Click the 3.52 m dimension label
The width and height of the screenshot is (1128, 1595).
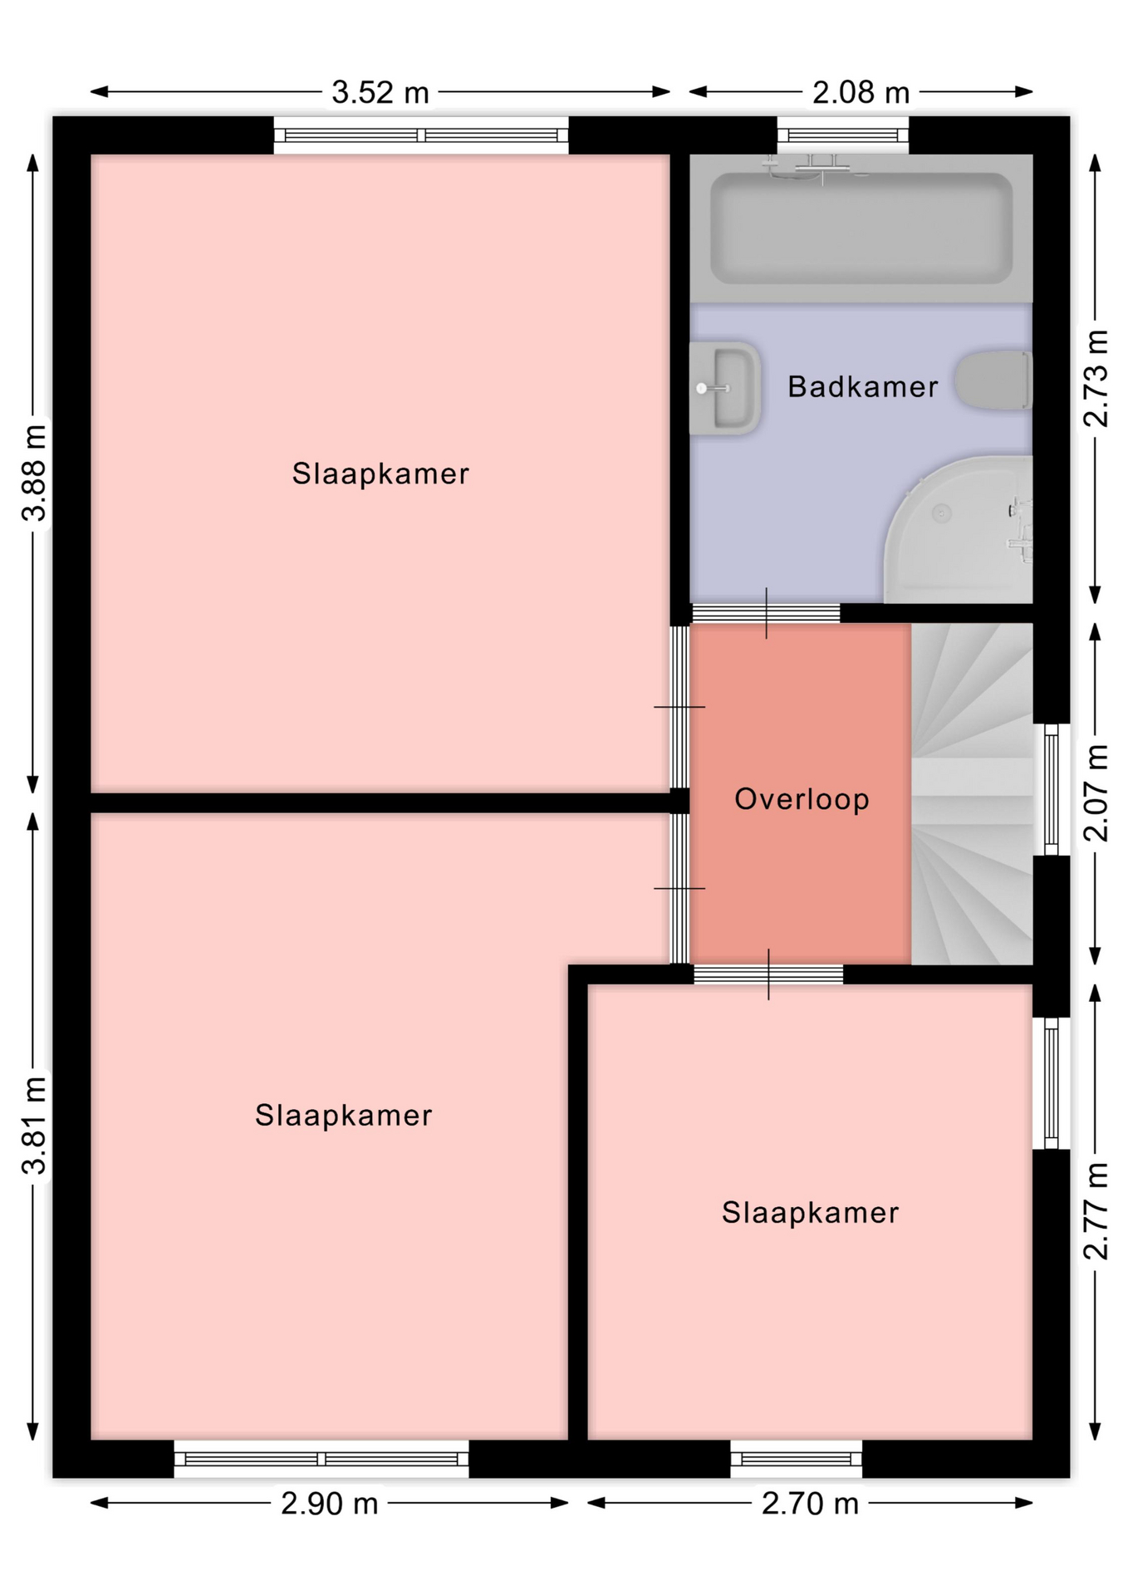(x=380, y=92)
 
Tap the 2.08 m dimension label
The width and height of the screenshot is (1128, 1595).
(x=861, y=92)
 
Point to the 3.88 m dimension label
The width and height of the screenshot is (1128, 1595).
(x=34, y=472)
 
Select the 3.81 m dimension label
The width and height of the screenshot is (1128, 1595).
(x=34, y=1125)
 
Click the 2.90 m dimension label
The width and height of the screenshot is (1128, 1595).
(x=329, y=1504)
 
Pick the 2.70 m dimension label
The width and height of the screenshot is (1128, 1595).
(x=810, y=1504)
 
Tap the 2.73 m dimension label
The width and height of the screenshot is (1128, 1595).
(x=1096, y=379)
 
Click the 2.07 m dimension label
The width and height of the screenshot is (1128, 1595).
(x=1096, y=793)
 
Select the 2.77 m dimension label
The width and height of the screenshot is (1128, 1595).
(x=1096, y=1211)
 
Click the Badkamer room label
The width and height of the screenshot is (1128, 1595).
(x=862, y=386)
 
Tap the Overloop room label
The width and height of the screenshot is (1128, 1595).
(x=802, y=799)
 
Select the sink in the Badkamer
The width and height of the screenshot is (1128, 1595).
(x=724, y=388)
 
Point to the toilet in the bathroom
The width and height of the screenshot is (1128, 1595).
(x=993, y=380)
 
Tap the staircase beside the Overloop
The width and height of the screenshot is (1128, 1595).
(x=972, y=794)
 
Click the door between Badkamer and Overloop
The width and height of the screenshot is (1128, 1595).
(x=766, y=613)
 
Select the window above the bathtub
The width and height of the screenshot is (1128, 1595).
(x=843, y=135)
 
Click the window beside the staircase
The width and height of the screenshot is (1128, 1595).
(x=1052, y=789)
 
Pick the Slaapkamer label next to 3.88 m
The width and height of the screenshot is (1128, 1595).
(x=380, y=474)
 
